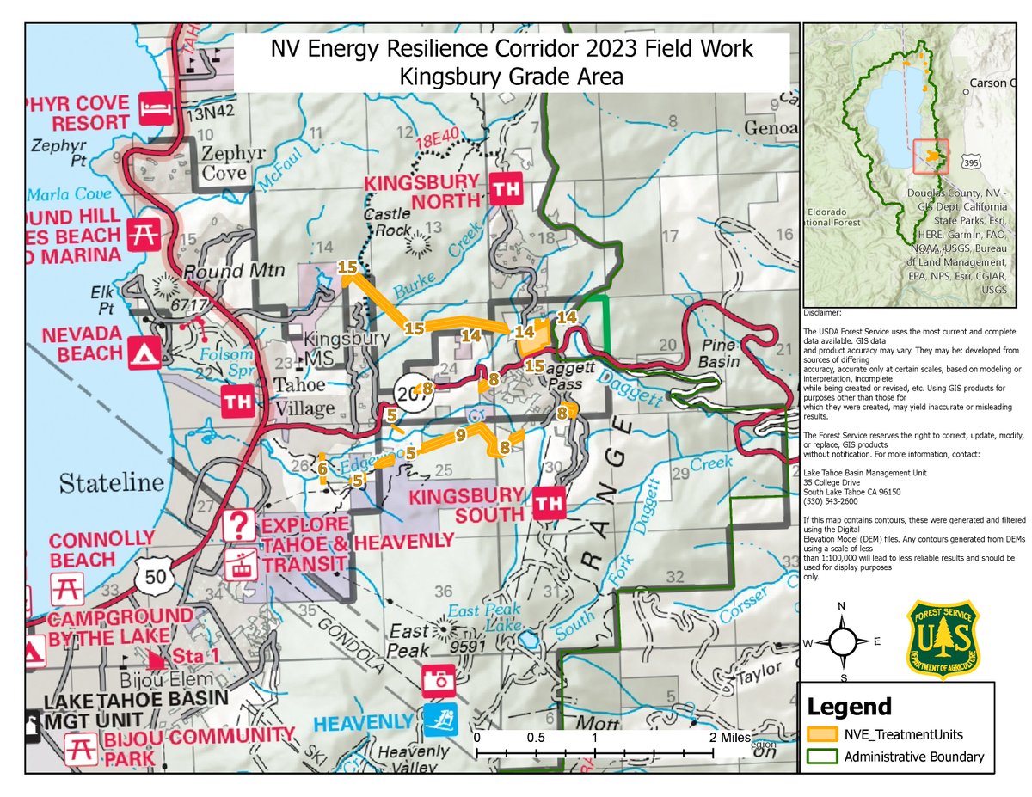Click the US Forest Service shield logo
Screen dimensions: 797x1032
(x=943, y=641)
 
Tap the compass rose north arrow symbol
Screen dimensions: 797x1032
(x=842, y=641)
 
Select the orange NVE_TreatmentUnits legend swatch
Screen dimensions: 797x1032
(x=821, y=734)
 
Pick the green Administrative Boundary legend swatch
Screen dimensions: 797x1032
(x=821, y=757)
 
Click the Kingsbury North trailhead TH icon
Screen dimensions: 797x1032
(x=504, y=187)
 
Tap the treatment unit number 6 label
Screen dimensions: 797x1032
(x=322, y=469)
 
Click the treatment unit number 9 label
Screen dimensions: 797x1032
(x=461, y=435)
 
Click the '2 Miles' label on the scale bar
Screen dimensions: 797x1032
(x=729, y=738)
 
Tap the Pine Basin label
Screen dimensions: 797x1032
(x=719, y=353)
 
